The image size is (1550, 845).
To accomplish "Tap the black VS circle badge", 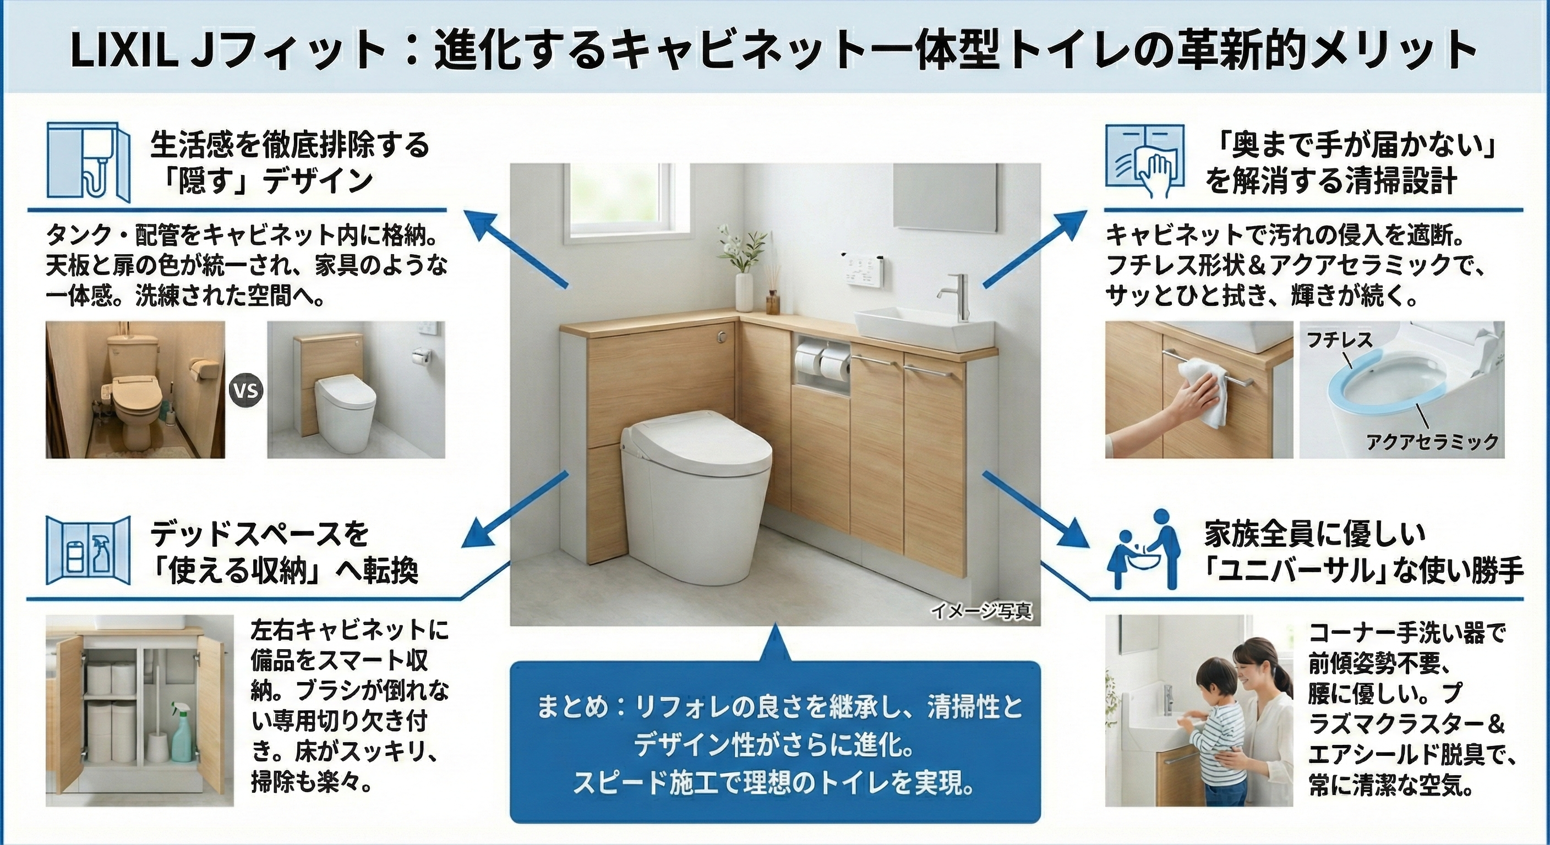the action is (247, 392).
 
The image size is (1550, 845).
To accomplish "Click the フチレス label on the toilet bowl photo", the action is (1339, 341).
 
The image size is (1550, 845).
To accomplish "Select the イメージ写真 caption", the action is (981, 612).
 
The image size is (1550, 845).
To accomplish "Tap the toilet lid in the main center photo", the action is (696, 441).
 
